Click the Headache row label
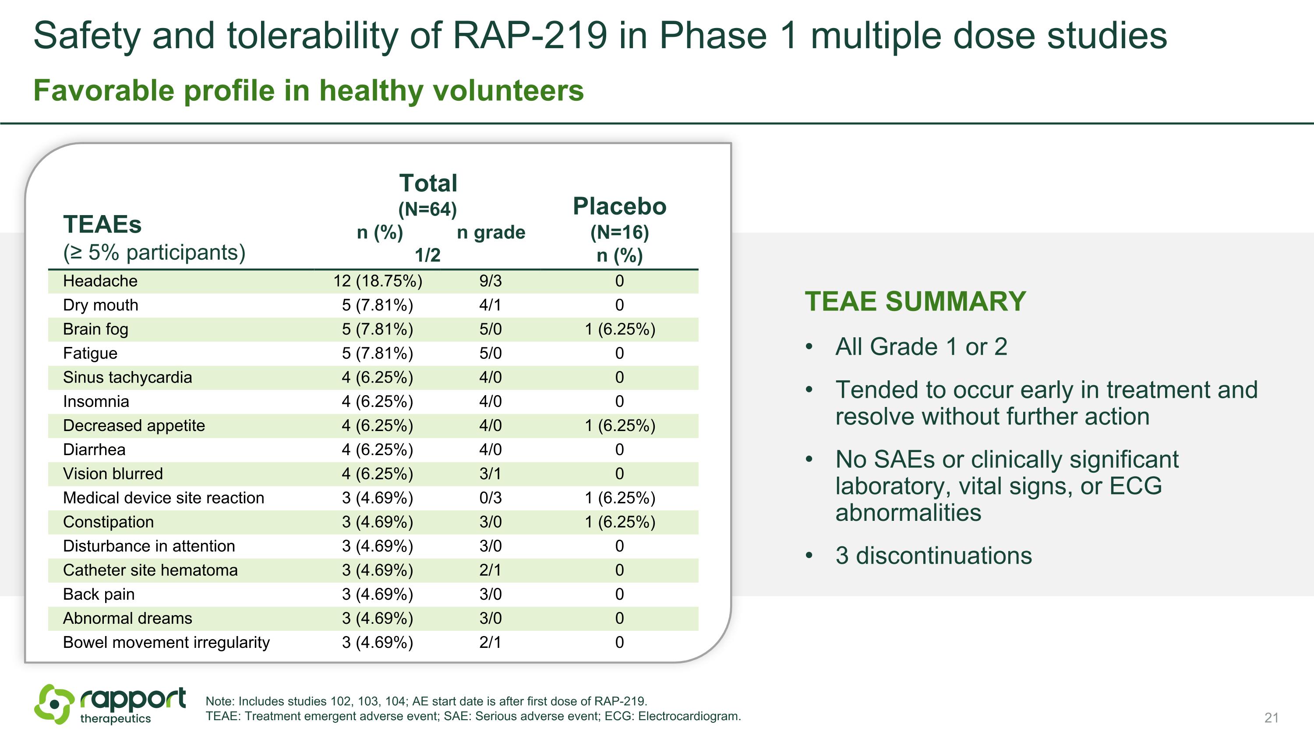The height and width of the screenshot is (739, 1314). (100, 281)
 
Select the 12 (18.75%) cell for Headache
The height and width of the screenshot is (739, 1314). (378, 281)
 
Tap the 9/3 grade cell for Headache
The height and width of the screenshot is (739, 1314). (490, 281)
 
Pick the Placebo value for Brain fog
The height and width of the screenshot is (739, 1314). (619, 329)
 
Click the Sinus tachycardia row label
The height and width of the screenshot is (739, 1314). (127, 378)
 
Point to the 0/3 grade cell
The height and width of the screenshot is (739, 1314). (490, 498)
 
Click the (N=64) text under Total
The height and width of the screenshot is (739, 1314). (427, 209)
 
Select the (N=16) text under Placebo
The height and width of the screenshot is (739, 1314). (619, 233)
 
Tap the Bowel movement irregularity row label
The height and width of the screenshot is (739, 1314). (166, 643)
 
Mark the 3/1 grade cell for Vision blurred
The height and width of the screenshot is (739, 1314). (490, 474)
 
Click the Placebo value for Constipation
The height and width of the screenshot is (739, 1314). (619, 522)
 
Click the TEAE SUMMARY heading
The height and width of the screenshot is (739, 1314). (915, 301)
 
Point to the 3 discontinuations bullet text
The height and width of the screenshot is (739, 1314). (933, 556)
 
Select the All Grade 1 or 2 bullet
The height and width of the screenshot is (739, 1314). (921, 347)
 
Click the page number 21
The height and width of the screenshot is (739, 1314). (1271, 718)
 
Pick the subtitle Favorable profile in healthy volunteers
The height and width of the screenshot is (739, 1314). (308, 91)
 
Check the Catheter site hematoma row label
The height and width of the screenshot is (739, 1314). (150, 570)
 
